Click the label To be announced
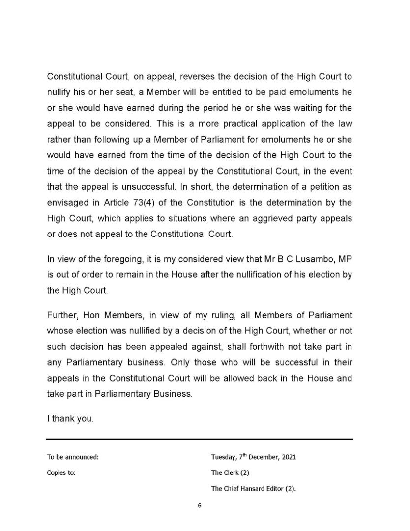tap(73, 457)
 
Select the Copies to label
tap(61, 473)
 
